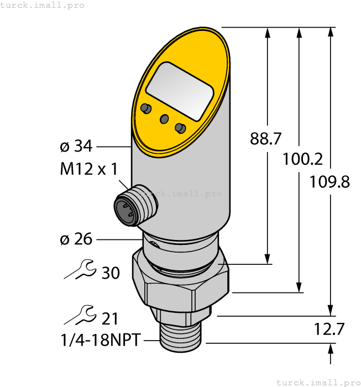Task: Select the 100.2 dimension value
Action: pos(302,159)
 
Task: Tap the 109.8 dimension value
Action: pos(329,181)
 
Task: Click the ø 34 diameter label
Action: pos(76,147)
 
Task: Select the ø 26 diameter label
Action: pos(76,239)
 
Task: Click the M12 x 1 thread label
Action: pos(88,169)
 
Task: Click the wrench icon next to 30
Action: pos(81,270)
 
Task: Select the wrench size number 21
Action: pos(111,318)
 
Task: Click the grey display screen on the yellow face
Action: pos(180,91)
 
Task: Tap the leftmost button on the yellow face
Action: pos(146,107)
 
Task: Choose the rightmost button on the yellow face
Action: pos(179,128)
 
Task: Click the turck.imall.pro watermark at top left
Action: pos(43,5)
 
